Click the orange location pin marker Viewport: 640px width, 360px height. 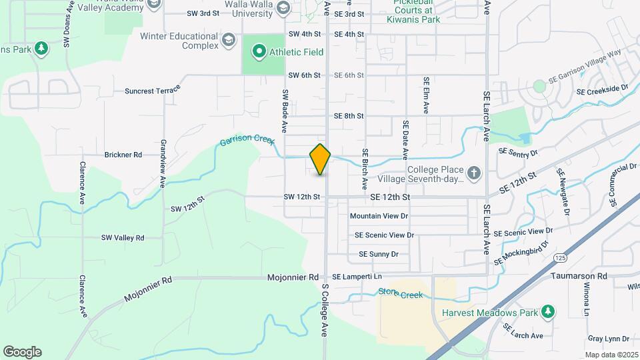(x=321, y=159)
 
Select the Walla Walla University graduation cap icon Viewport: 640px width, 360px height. (x=283, y=7)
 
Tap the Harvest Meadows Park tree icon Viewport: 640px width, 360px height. (x=547, y=312)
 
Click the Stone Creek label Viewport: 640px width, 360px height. (x=401, y=293)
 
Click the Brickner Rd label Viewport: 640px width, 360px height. (x=123, y=155)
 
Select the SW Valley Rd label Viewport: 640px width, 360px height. (x=123, y=237)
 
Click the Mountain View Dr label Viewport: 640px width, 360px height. (x=379, y=216)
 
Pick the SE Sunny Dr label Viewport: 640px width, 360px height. (x=378, y=254)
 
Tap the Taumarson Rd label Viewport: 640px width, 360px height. (x=579, y=276)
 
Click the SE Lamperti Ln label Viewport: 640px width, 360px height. (x=357, y=277)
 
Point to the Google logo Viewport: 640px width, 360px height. (x=22, y=352)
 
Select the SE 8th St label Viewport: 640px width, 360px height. (x=349, y=116)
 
